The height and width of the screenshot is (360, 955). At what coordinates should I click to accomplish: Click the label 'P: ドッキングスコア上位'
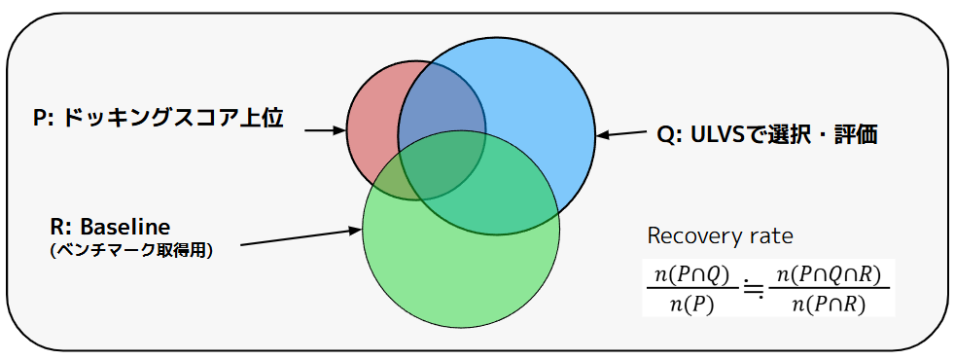point(158,118)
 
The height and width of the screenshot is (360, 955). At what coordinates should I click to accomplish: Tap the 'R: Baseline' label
point(110,228)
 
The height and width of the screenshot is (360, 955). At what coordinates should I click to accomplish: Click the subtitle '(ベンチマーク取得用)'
point(131,251)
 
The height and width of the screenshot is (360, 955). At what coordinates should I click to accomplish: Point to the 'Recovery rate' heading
point(720,235)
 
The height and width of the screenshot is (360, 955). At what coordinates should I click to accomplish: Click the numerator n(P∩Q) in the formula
point(691,276)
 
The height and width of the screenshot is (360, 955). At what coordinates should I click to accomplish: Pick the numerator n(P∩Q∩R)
point(829,276)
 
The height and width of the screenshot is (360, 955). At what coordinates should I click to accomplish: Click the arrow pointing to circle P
point(325,129)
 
